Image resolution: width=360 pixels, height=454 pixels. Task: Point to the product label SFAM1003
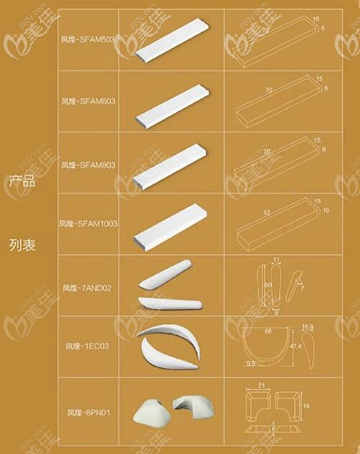click(89, 223)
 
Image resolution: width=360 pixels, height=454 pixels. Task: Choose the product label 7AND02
click(90, 287)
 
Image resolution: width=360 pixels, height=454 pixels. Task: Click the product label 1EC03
click(90, 347)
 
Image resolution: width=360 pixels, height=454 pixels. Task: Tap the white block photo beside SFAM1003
click(171, 226)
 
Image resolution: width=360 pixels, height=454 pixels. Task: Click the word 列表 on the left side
click(22, 240)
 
